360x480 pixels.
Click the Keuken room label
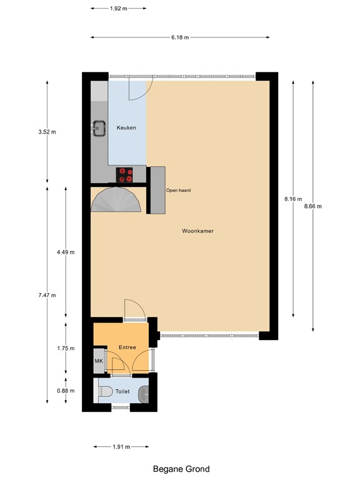tap(126, 128)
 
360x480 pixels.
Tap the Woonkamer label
tap(198, 231)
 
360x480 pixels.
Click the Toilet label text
tap(122, 392)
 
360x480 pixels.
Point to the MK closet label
tap(98, 362)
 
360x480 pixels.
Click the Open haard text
tap(178, 191)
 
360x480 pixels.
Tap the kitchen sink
tap(99, 128)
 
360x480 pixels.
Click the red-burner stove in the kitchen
tap(125, 175)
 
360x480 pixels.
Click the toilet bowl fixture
tap(105, 392)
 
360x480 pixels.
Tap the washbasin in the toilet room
tap(145, 393)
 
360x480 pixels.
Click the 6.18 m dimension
tap(180, 37)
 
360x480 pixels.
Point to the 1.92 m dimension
tap(119, 9)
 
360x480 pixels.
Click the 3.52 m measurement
tap(47, 132)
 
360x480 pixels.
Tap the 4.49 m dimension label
tap(65, 252)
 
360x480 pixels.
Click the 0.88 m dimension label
tap(65, 391)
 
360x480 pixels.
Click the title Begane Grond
tap(181, 469)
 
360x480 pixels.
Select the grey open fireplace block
tap(156, 190)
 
